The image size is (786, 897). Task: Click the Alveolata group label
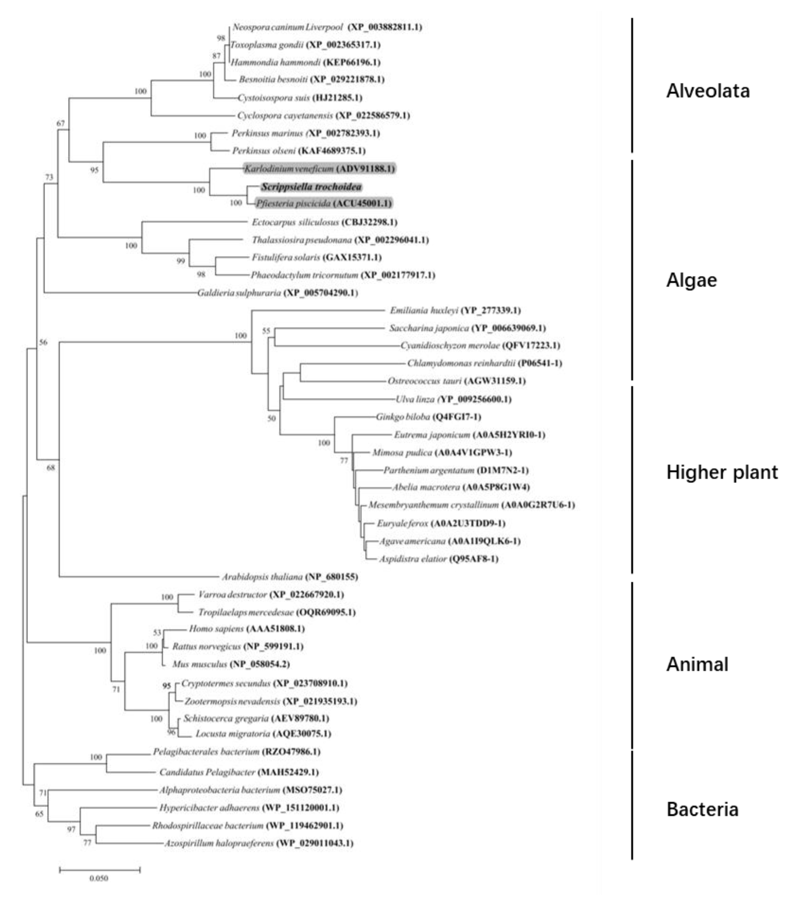point(708,91)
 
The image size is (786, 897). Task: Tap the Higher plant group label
point(722,473)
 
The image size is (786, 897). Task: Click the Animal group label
point(697,665)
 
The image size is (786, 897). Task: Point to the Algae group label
point(691,280)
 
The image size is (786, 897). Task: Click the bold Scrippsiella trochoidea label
point(311,187)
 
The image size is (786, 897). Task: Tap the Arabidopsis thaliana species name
point(262,577)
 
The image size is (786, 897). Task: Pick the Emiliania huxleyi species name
point(424,310)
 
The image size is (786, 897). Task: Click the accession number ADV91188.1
point(365,169)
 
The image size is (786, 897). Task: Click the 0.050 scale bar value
point(99,878)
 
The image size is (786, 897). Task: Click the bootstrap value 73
point(49,177)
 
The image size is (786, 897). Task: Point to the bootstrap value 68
point(51,468)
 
